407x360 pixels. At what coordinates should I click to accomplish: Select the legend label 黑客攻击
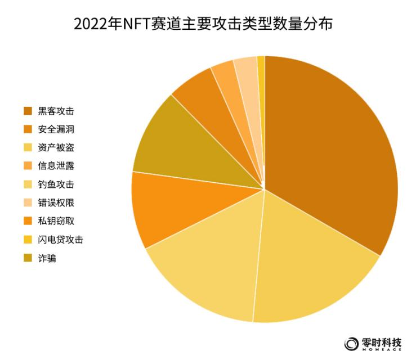pos(56,111)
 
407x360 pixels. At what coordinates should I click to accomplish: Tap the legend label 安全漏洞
pos(56,129)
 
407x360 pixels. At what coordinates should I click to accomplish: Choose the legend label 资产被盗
pos(56,147)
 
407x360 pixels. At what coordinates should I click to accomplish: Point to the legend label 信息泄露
pos(56,166)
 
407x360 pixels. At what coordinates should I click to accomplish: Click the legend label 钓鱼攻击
pos(56,184)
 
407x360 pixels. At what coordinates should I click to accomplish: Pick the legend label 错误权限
pos(56,203)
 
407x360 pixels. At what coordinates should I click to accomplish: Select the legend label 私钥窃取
pos(56,222)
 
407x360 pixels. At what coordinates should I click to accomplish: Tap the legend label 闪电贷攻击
pos(60,240)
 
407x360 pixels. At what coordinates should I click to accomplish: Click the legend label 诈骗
pos(47,258)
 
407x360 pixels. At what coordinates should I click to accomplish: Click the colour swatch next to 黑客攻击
pos(28,111)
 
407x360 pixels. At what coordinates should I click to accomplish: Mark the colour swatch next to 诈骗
pos(28,258)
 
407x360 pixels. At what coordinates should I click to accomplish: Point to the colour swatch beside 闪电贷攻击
pos(28,240)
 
